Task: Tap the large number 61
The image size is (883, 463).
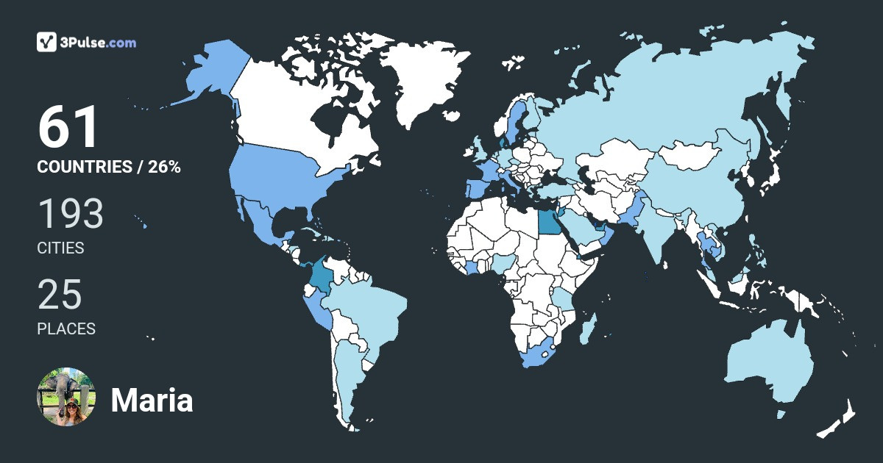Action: (x=68, y=128)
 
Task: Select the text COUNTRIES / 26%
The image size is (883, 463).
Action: (x=109, y=167)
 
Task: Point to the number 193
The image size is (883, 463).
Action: (x=71, y=214)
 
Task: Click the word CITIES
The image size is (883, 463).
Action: (x=60, y=248)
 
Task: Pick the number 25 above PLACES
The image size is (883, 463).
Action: (x=60, y=294)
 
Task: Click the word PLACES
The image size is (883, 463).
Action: (x=66, y=329)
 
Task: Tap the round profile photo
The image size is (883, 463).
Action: (x=66, y=397)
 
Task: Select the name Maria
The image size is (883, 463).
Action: (x=152, y=401)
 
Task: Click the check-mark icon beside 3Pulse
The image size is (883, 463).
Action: (x=47, y=42)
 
